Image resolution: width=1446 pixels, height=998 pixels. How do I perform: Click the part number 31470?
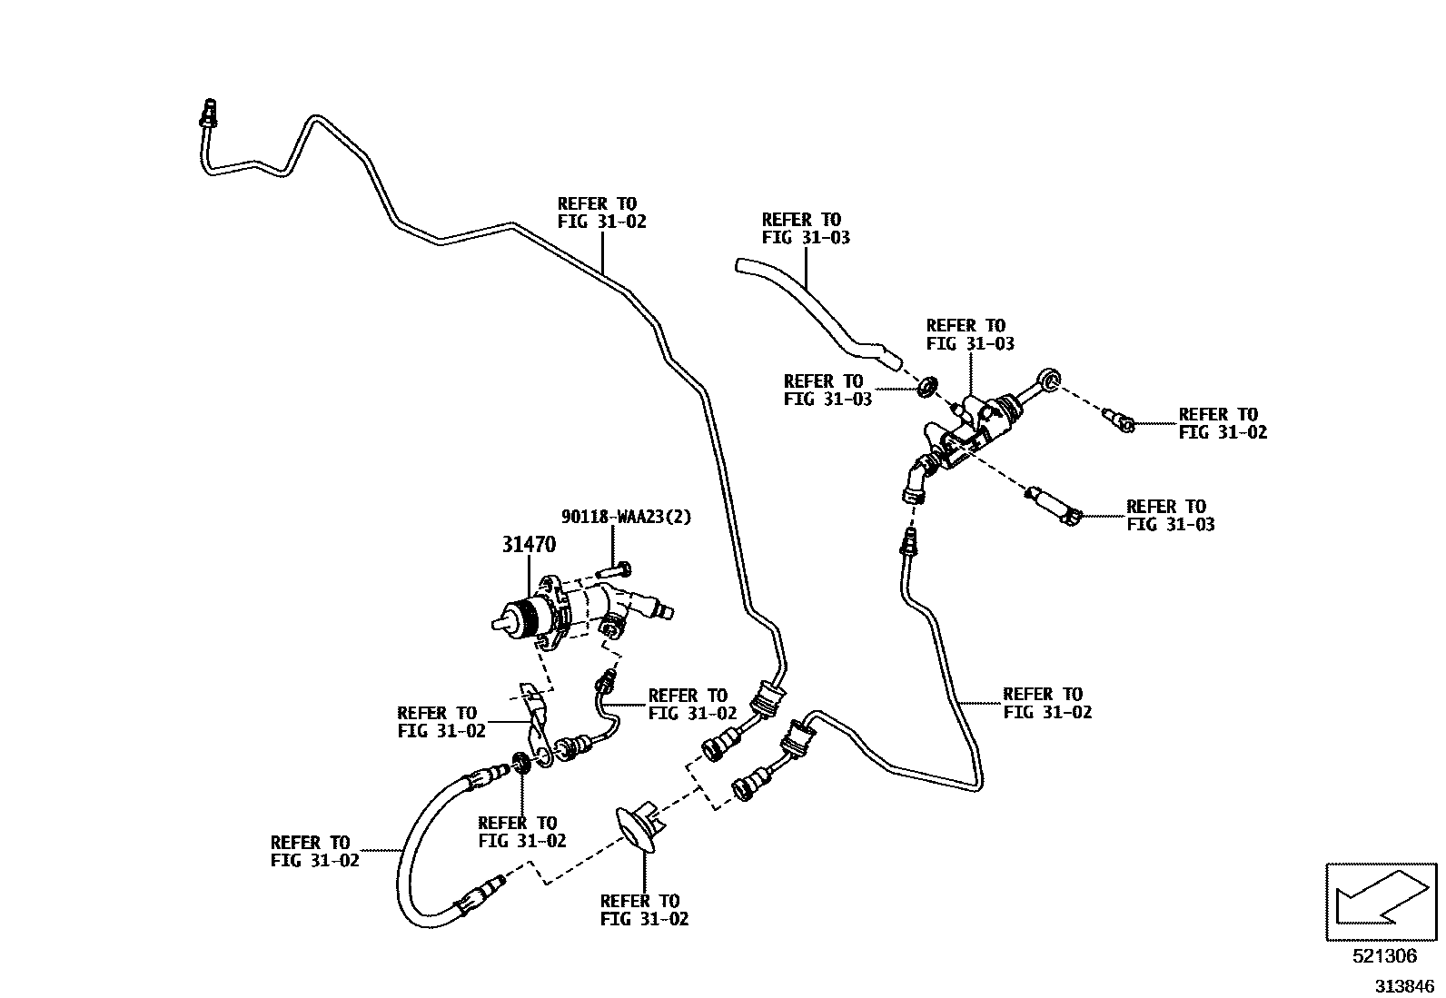coord(529,545)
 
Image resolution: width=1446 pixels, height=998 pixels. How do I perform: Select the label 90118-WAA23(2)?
coord(626,517)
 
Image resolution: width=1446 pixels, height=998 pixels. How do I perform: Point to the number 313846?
coord(1402,986)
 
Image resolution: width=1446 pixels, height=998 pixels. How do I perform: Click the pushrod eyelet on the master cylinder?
coord(1050,380)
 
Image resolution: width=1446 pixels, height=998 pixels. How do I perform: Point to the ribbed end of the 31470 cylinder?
coord(520,619)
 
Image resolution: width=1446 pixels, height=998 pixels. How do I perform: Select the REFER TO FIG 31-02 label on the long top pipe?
coord(601,213)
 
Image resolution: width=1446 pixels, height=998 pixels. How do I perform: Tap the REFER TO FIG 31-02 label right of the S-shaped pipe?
coord(1047,704)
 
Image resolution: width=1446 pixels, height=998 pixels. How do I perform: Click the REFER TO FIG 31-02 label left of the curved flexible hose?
coord(314,851)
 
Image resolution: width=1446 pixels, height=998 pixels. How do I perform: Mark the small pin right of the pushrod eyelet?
coord(1119,420)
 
